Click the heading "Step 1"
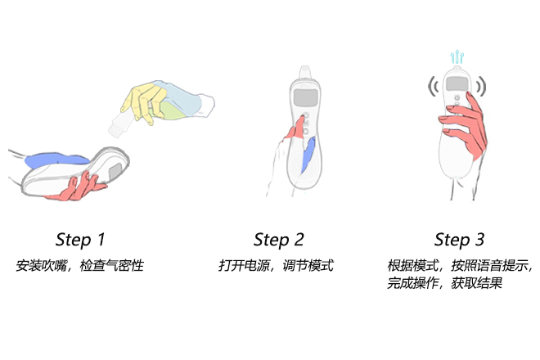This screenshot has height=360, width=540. point(80,240)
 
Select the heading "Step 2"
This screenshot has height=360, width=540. point(278,240)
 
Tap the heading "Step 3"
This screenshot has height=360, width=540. point(459,240)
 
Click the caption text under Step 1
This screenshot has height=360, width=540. point(80,266)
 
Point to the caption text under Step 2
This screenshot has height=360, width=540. point(276,266)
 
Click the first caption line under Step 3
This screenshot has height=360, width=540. point(460,266)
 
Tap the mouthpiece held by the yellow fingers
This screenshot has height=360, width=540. point(118,124)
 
